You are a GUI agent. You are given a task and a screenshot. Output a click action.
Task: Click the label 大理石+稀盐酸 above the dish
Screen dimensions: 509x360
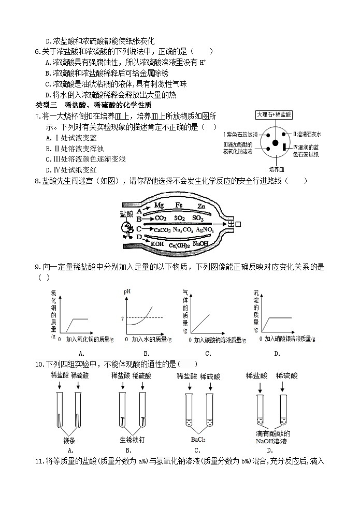(x=274, y=114)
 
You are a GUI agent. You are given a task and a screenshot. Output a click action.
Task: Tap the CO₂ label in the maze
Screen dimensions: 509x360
(x=160, y=218)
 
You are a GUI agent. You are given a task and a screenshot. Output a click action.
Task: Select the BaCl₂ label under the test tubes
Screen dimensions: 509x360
(x=198, y=440)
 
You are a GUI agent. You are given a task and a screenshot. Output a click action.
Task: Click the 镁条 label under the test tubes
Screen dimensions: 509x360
(x=69, y=441)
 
